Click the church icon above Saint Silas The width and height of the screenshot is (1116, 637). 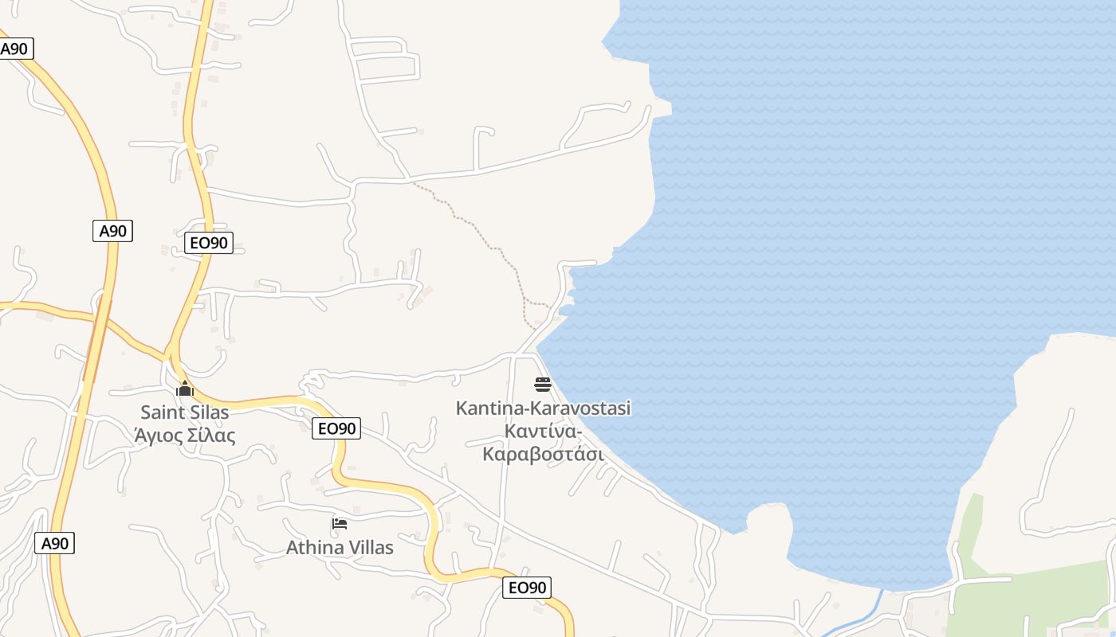185,389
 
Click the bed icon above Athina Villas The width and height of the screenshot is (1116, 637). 340,524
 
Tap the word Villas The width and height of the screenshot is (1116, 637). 369,548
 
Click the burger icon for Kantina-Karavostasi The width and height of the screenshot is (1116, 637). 543,385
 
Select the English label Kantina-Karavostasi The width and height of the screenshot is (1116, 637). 543,408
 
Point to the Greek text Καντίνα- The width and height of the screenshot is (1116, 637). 543,432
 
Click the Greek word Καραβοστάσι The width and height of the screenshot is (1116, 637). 543,455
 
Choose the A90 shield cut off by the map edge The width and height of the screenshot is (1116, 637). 14,49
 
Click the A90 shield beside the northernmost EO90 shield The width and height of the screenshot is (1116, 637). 112,231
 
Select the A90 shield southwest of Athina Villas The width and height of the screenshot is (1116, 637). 55,544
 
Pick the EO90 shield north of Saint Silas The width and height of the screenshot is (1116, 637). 209,243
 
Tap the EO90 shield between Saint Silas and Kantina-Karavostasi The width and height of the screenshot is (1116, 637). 336,428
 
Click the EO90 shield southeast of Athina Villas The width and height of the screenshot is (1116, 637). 527,588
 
